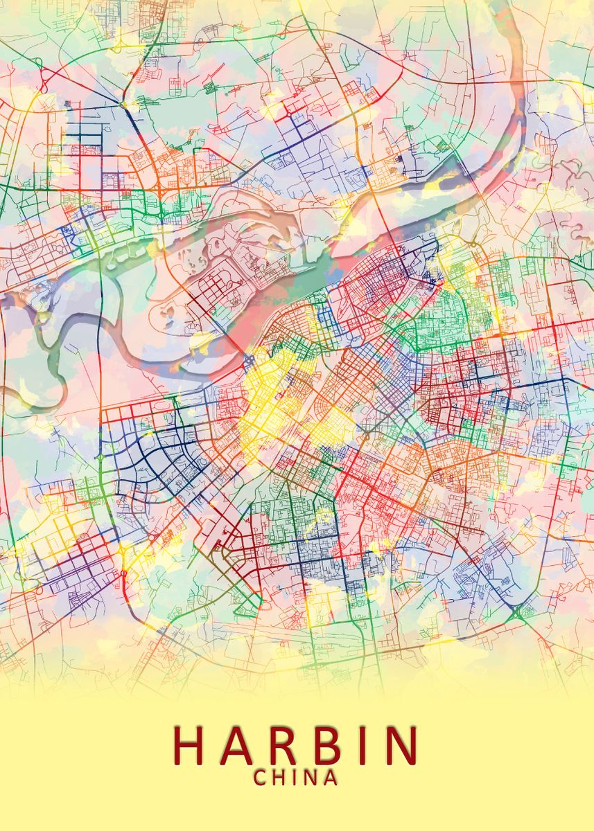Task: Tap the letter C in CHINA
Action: pos(261,778)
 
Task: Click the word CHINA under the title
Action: pos(296,778)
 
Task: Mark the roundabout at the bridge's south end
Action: pos(250,359)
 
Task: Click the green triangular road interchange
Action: pos(517,613)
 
